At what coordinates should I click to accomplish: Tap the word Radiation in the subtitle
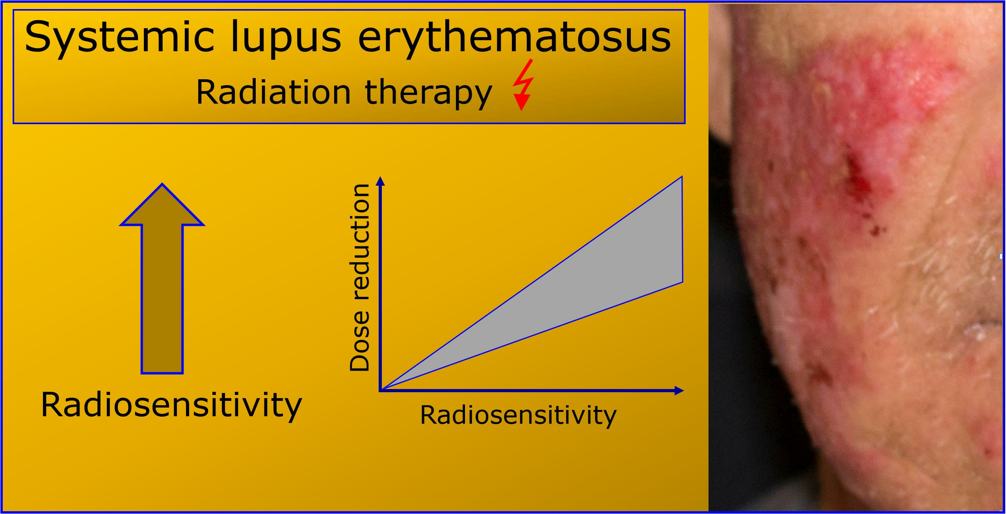click(x=273, y=93)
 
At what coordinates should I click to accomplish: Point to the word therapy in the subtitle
click(x=428, y=94)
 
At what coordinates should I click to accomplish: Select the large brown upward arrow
click(x=162, y=278)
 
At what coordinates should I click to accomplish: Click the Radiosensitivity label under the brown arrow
click(x=171, y=406)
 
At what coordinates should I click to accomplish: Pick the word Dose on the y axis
click(x=359, y=342)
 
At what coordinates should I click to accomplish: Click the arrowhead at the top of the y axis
click(x=380, y=181)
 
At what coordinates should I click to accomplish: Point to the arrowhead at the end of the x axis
click(x=679, y=391)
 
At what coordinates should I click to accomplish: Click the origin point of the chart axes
click(x=380, y=391)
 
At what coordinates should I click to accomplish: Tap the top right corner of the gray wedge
click(x=682, y=176)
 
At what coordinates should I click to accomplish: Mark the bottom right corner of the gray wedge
click(x=682, y=282)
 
